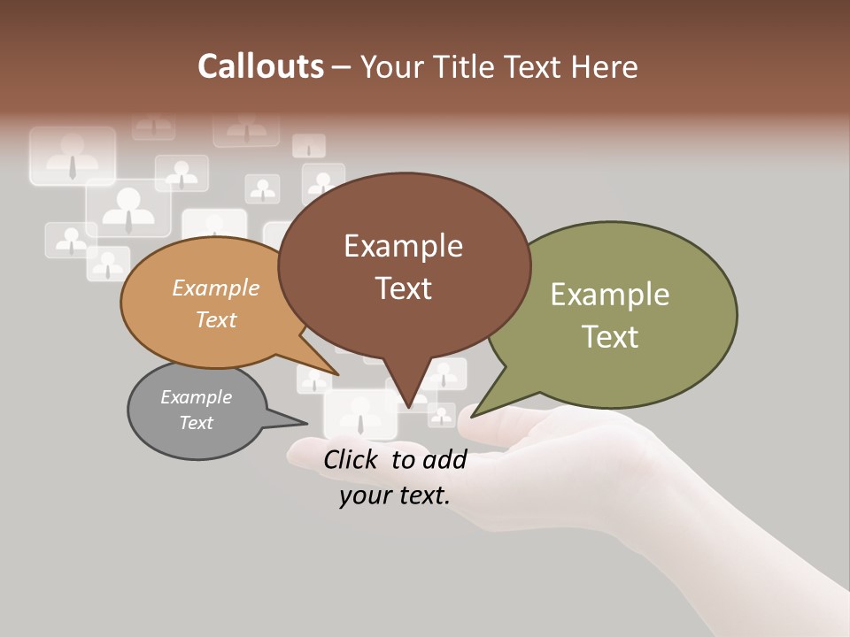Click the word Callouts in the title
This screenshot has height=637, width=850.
[x=260, y=67]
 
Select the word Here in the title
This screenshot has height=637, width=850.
[x=605, y=67]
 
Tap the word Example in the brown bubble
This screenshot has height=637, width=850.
[x=403, y=246]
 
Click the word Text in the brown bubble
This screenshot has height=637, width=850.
[x=404, y=288]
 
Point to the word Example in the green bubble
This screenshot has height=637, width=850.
[x=610, y=295]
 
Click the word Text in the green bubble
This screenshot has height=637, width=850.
[x=610, y=337]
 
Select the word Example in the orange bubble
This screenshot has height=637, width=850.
[x=216, y=288]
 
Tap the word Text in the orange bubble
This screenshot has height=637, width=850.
[x=216, y=319]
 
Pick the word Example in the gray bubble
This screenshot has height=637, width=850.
[x=196, y=397]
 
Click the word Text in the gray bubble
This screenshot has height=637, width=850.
[x=196, y=423]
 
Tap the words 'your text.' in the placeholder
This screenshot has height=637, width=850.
[x=395, y=495]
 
